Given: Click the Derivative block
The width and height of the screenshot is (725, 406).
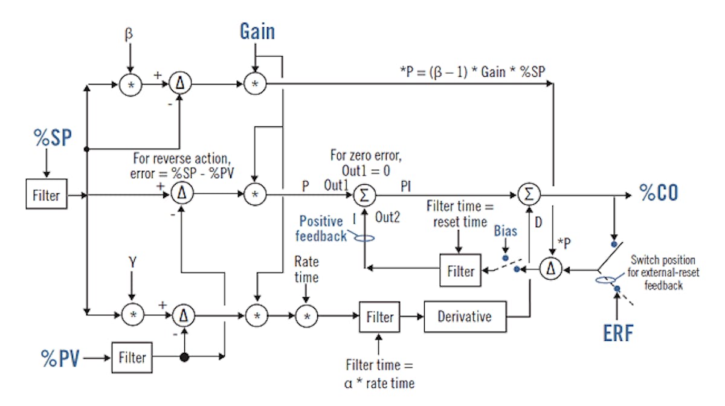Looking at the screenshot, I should pyautogui.click(x=464, y=317).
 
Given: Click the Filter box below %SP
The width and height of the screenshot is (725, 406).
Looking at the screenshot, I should pyautogui.click(x=47, y=196).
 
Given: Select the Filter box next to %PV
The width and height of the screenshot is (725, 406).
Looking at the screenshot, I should pyautogui.click(x=132, y=358).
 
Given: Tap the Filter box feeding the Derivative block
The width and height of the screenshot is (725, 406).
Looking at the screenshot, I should pyautogui.click(x=379, y=317).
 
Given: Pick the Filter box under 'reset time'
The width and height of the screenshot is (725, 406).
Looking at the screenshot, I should pyautogui.click(x=460, y=271).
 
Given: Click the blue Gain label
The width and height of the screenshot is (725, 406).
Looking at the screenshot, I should pyautogui.click(x=257, y=31).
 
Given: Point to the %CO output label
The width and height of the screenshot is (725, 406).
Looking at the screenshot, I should pyautogui.click(x=659, y=193).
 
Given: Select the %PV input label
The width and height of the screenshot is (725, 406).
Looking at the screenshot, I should pyautogui.click(x=60, y=358).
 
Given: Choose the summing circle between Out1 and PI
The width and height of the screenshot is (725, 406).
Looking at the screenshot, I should pyautogui.click(x=365, y=195).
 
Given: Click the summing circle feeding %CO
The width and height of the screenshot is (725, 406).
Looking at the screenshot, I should pyautogui.click(x=529, y=195).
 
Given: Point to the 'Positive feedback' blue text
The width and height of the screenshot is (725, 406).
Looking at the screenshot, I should pyautogui.click(x=322, y=228).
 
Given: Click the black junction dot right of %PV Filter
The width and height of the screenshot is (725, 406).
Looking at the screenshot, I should pyautogui.click(x=184, y=358).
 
